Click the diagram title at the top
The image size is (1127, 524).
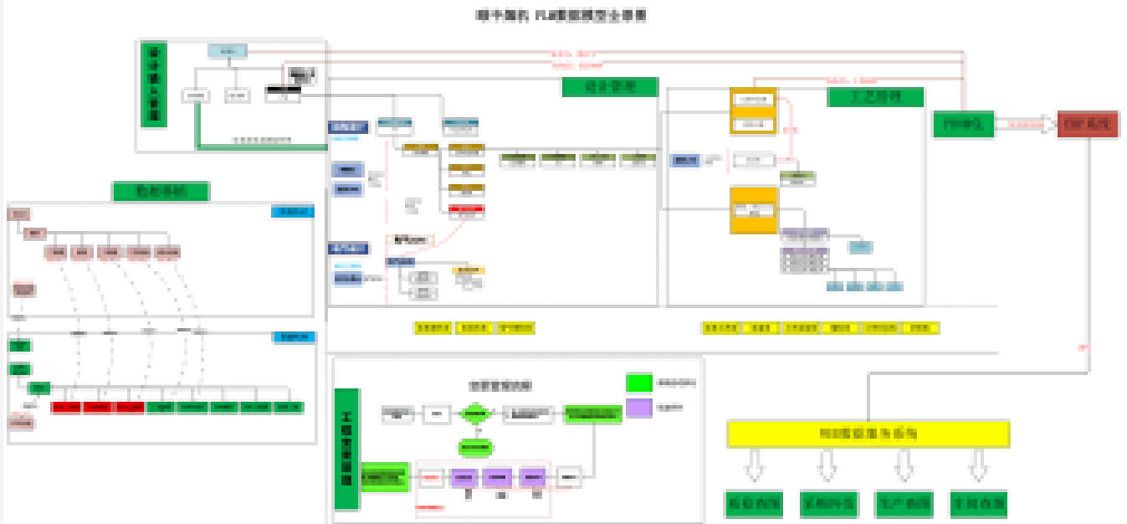pos(561,16)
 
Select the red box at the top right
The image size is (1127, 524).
pos(1087,124)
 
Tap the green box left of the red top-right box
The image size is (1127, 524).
pos(962,124)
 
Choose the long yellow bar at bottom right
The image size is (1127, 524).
pos(868,434)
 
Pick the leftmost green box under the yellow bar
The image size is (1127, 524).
pos(753,504)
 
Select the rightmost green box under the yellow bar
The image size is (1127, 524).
pos(978,504)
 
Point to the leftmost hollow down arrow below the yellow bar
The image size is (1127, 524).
pos(754,465)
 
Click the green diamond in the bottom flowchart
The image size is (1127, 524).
pos(475,414)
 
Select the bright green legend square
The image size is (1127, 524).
pos(639,383)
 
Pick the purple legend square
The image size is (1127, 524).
pos(639,408)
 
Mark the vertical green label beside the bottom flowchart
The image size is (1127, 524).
pos(346,449)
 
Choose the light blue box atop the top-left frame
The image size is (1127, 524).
pos(228,51)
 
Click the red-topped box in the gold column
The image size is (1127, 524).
pos(466,210)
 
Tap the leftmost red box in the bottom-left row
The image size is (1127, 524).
pos(66,408)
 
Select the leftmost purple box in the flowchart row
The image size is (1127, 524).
pos(464,478)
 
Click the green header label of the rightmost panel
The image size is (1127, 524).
pos(875,97)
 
